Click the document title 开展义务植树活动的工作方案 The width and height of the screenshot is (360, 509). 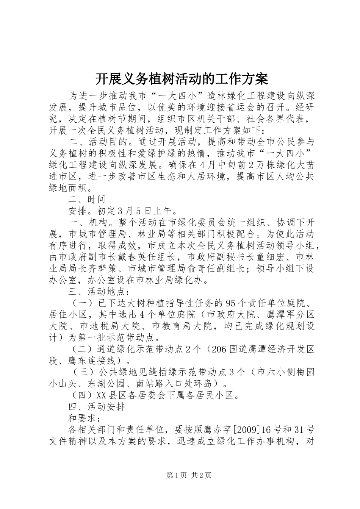(x=181, y=79)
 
